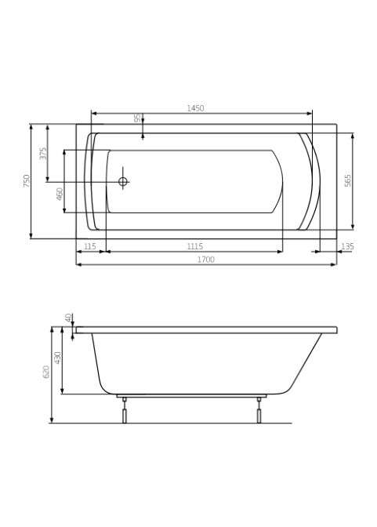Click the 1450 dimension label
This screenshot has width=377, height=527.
195,108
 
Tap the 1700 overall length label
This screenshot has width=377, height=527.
205,260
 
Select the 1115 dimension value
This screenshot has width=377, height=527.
195,246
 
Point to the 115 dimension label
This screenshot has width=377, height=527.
89,246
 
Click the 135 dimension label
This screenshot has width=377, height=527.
347,246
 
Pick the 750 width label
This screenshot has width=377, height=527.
27,181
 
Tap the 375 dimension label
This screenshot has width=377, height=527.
43,153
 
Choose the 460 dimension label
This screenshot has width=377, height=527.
60,194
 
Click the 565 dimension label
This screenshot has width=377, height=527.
348,180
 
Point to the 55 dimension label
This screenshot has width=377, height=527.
137,118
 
